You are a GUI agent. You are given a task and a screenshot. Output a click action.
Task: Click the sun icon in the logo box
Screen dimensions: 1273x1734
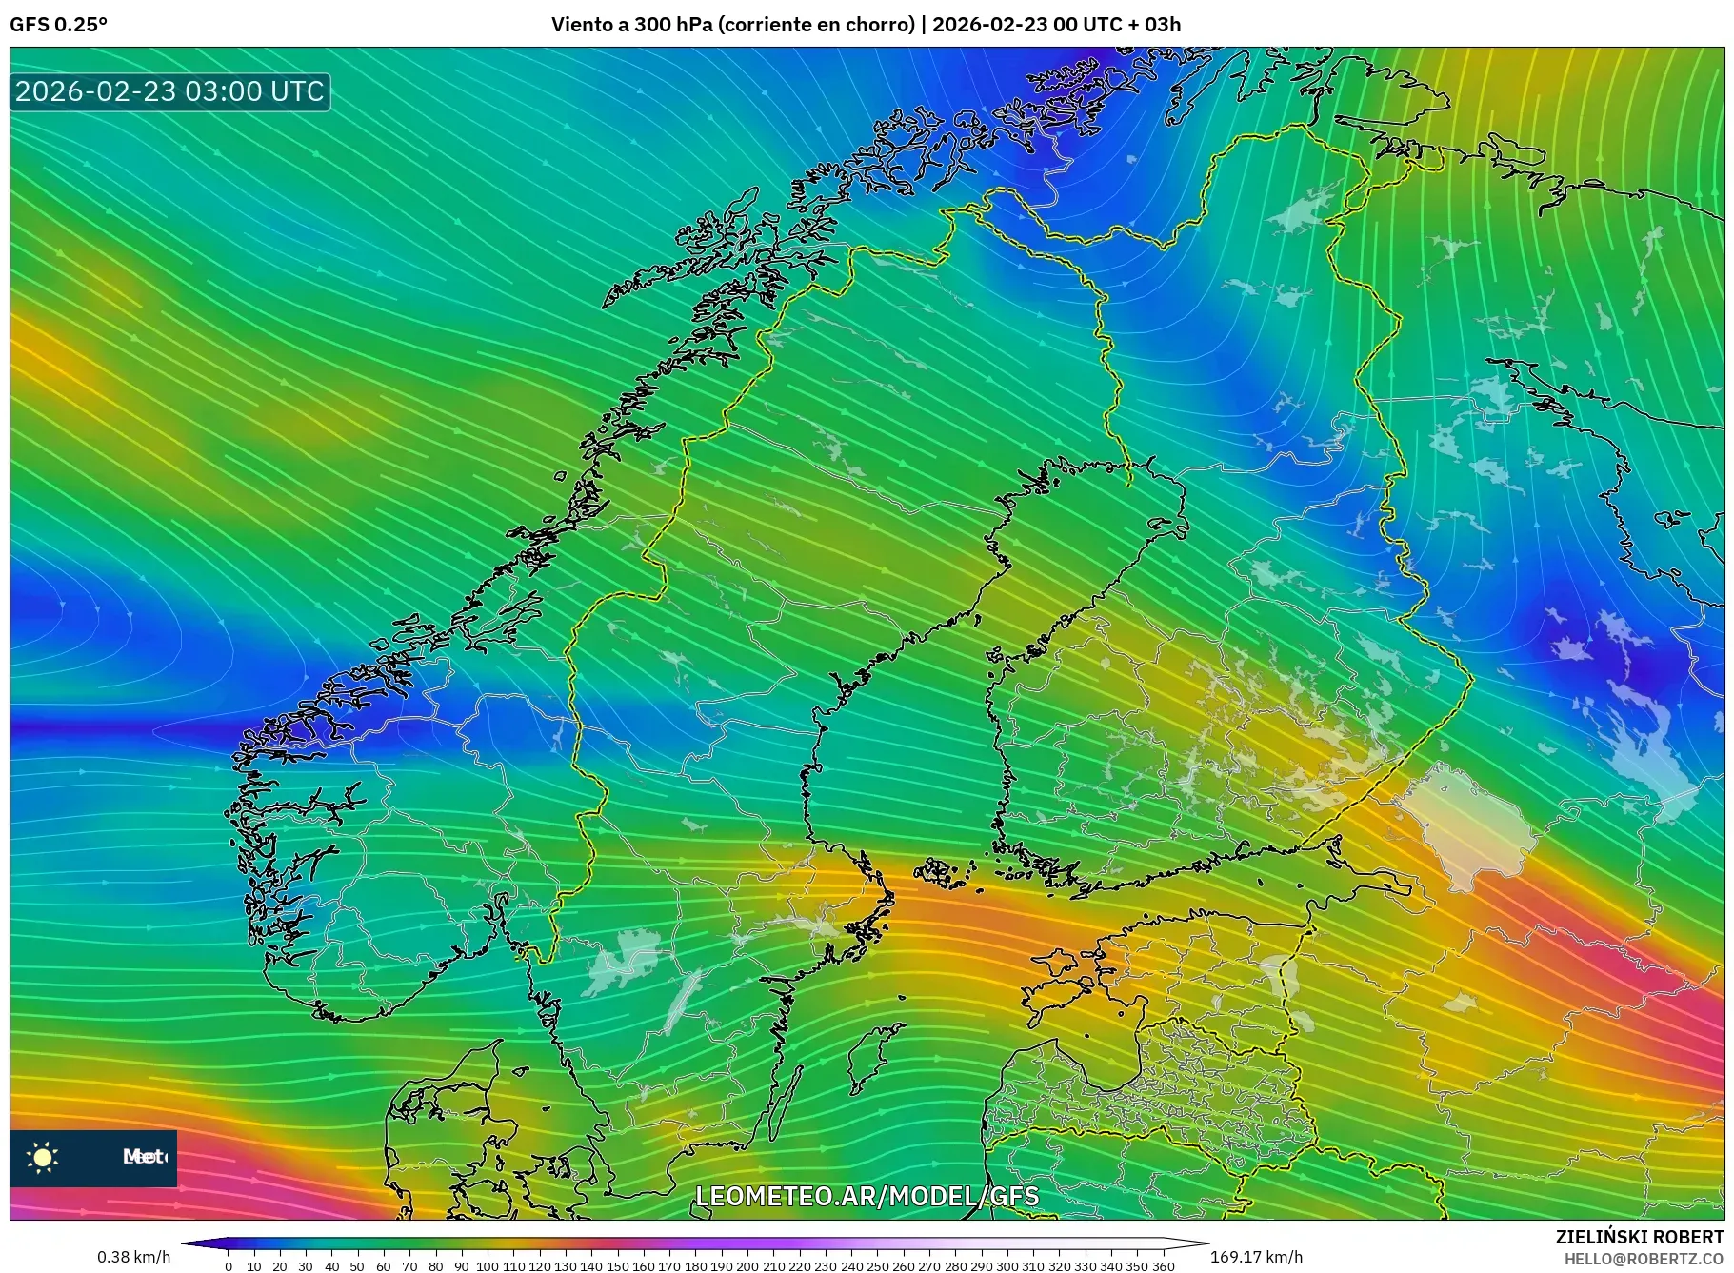pyautogui.click(x=43, y=1158)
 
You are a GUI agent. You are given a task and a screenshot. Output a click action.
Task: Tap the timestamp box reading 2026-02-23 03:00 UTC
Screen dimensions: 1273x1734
pyautogui.click(x=169, y=91)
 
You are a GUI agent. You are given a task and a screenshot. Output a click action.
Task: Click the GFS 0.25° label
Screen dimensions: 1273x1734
pyautogui.click(x=58, y=25)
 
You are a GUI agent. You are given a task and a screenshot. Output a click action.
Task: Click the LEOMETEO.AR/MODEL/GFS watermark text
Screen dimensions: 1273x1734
pyautogui.click(x=867, y=1196)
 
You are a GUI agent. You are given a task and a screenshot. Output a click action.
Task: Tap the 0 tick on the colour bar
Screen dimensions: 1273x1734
pyautogui.click(x=229, y=1266)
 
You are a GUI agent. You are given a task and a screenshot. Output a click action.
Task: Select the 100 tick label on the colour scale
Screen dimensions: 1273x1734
pyautogui.click(x=488, y=1266)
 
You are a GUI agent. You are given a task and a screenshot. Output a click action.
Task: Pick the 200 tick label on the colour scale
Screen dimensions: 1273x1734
pyautogui.click(x=747, y=1266)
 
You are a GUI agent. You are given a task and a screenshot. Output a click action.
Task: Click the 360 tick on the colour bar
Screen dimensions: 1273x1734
pyautogui.click(x=1163, y=1266)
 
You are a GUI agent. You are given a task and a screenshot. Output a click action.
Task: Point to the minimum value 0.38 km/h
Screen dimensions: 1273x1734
pyautogui.click(x=133, y=1257)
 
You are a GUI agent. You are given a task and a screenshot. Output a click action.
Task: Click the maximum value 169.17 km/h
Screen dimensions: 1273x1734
pyautogui.click(x=1256, y=1257)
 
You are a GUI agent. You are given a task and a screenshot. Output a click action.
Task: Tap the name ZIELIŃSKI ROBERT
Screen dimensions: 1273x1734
pyautogui.click(x=1639, y=1237)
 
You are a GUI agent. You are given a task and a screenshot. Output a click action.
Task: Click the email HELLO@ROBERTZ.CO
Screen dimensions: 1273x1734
pyautogui.click(x=1644, y=1259)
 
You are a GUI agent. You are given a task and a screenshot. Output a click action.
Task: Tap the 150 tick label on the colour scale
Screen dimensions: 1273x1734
pyautogui.click(x=617, y=1266)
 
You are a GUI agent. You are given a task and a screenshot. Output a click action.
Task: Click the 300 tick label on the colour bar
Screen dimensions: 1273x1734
pyautogui.click(x=1007, y=1266)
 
